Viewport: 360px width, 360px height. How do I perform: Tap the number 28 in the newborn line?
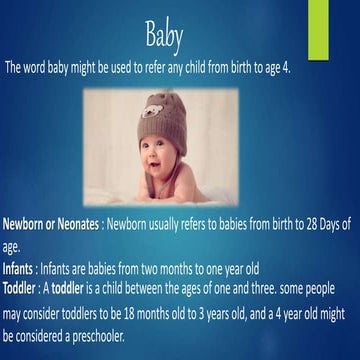pyautogui.click(x=294, y=225)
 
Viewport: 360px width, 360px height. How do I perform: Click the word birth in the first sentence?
pyautogui.click(x=244, y=69)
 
